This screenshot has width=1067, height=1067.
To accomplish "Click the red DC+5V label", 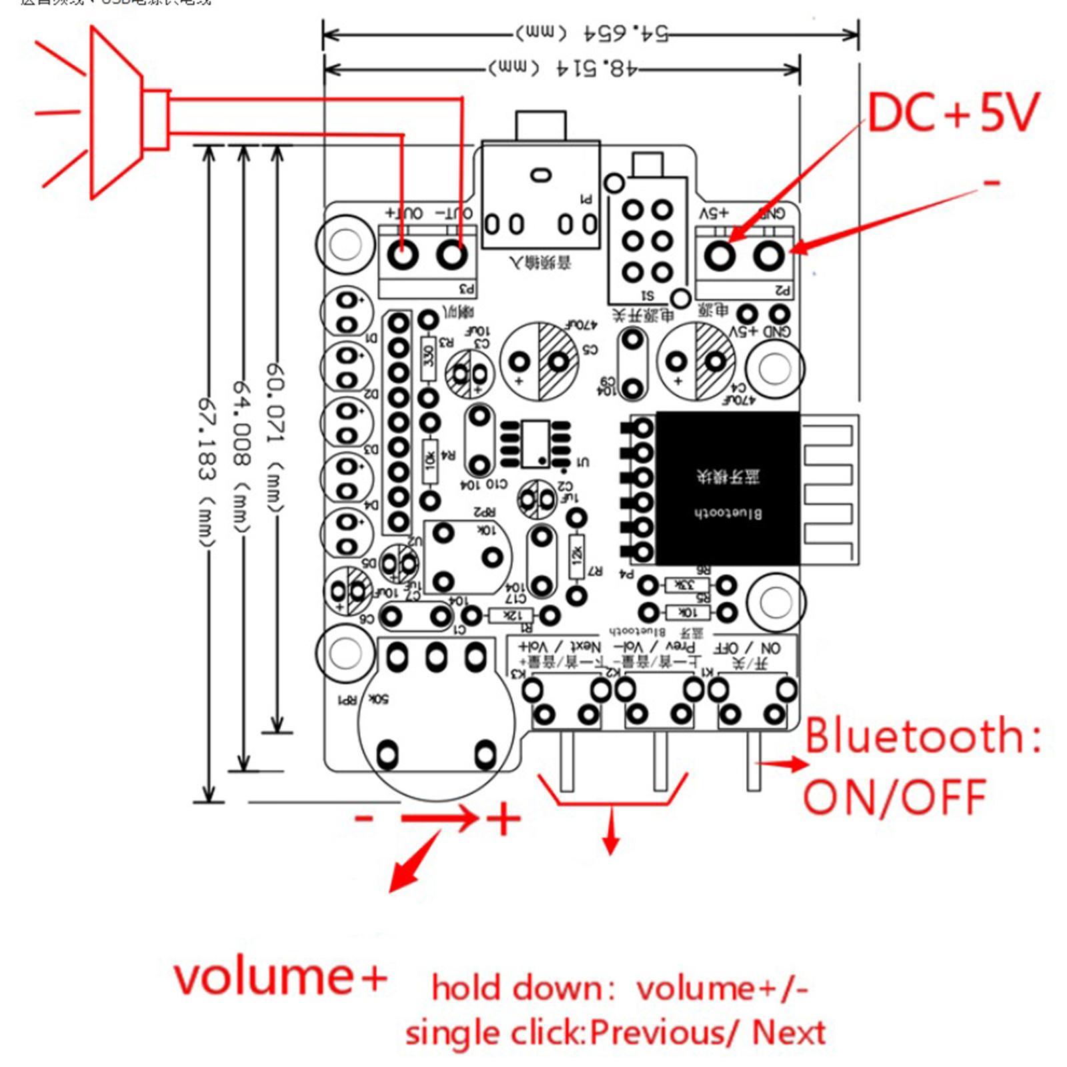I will click(x=952, y=112).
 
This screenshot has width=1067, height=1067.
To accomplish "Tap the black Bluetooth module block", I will click(x=728, y=488).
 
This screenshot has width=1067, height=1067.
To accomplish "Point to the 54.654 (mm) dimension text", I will click(x=590, y=33).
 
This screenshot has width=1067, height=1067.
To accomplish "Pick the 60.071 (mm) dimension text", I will click(x=275, y=437).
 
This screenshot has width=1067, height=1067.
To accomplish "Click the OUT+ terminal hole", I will click(x=403, y=255).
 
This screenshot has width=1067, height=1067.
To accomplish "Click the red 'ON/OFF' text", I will click(x=895, y=797).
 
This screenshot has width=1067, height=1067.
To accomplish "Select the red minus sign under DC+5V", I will click(x=992, y=181).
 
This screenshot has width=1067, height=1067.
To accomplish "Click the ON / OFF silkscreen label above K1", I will click(x=747, y=648).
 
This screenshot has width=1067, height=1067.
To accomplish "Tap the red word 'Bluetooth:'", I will click(x=923, y=736).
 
